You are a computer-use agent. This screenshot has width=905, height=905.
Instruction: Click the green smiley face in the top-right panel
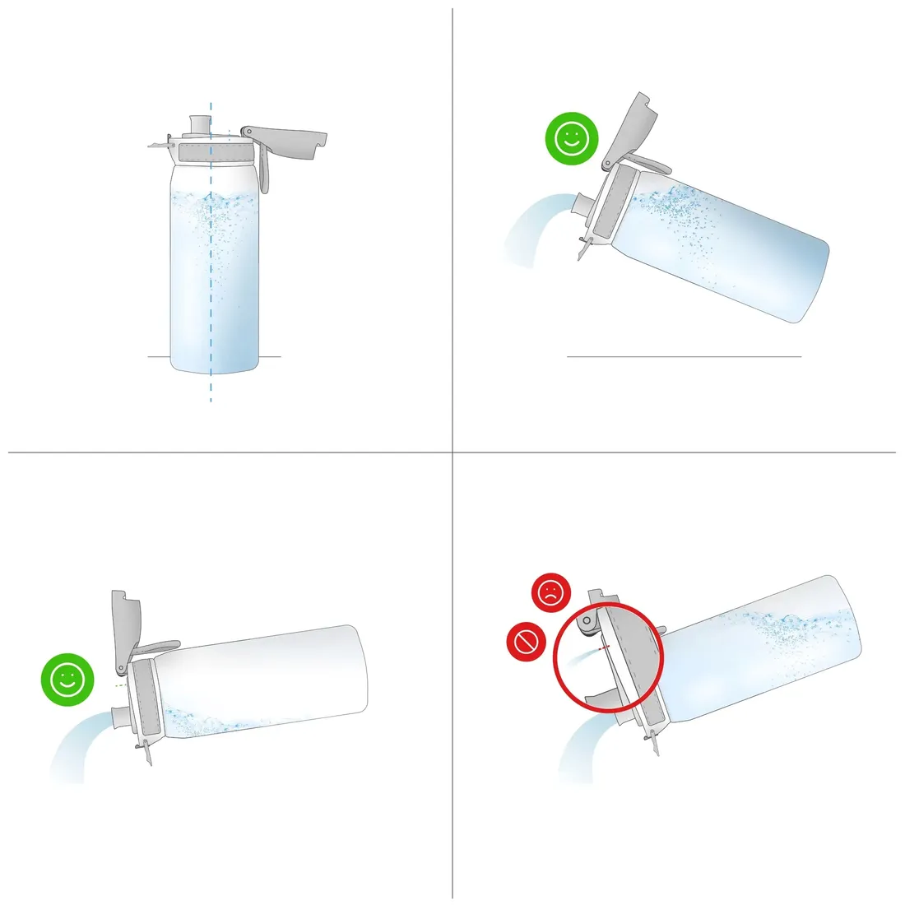(x=571, y=139)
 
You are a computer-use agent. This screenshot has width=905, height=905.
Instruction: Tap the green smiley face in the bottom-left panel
(x=67, y=679)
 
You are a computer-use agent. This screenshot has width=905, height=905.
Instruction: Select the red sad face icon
(x=550, y=592)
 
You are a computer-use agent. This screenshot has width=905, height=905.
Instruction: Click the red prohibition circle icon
(x=527, y=641)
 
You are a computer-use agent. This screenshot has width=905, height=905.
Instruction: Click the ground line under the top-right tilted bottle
(x=683, y=356)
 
